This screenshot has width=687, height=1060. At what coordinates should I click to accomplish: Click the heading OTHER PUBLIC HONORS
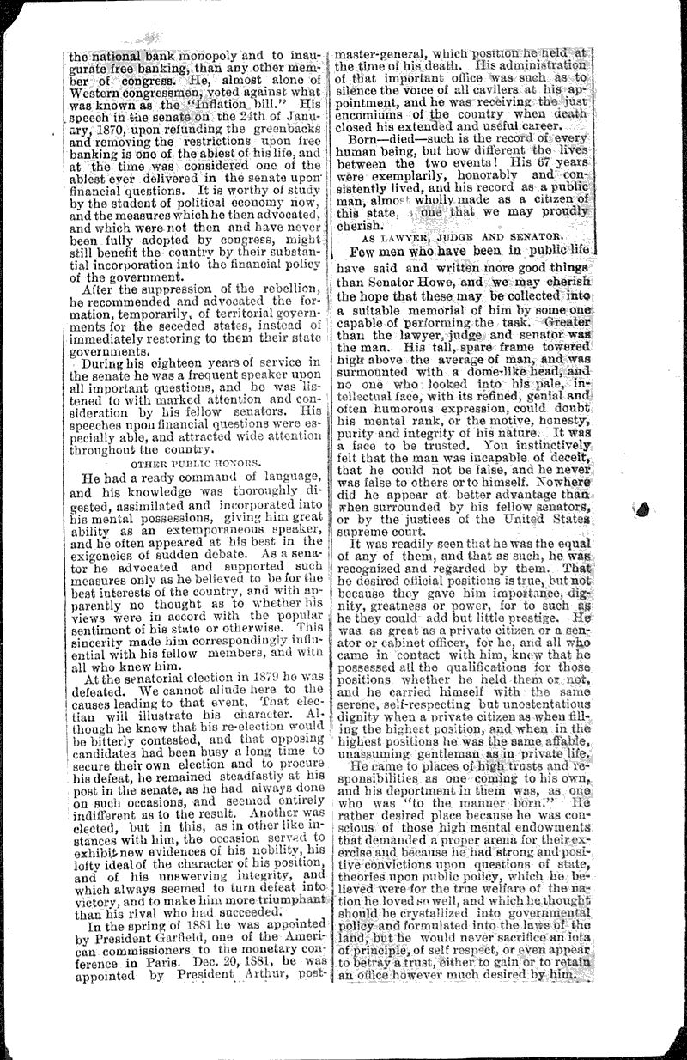coord(196,463)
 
